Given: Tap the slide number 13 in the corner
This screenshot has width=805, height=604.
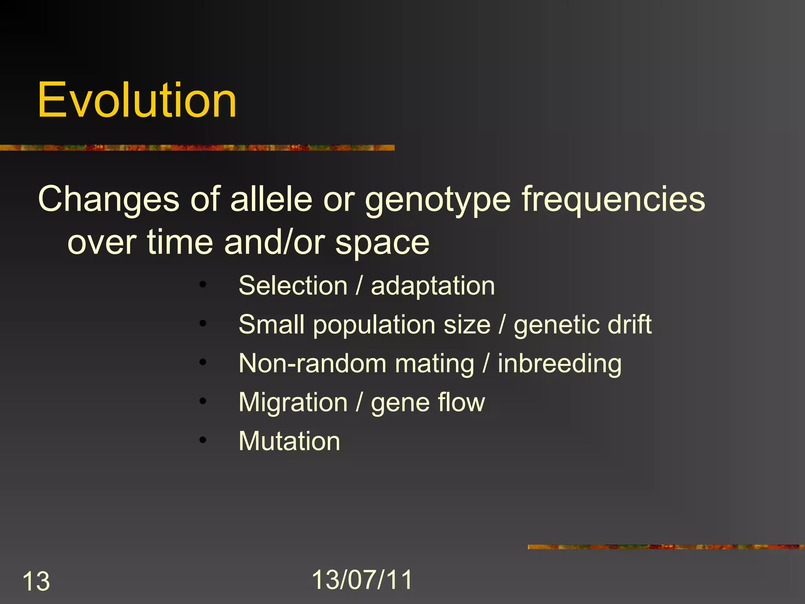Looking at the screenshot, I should coord(36,581).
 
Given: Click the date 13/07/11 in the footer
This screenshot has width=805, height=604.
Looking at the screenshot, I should coord(362,580).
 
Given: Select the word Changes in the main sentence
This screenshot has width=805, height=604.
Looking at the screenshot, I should coord(109,200).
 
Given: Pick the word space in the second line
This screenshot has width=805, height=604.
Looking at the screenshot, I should coord(382,243).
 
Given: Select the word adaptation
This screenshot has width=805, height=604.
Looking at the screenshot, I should coord(433,286).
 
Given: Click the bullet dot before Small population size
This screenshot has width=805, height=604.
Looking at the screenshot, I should coord(202,324).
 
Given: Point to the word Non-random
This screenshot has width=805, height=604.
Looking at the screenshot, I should coord(312,363).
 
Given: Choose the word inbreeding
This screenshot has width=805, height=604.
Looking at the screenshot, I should coord(560,364).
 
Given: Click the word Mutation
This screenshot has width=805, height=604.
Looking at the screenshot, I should coord(289,441).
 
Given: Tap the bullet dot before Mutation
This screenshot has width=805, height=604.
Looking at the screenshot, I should coord(202,440).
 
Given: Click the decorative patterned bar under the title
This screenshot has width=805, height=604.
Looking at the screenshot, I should coord(197,148).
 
